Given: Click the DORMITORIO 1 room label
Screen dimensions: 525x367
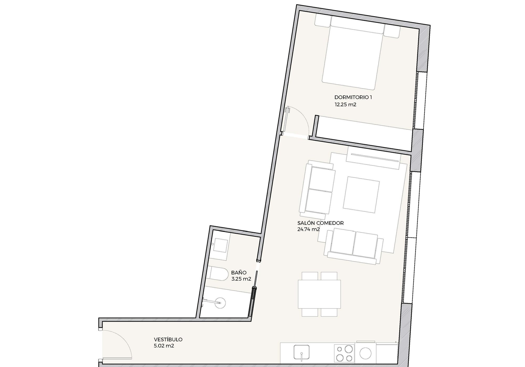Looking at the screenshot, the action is [353, 97].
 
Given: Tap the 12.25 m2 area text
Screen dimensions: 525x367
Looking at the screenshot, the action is [345, 105].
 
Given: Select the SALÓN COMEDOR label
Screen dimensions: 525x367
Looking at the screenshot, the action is [321, 223].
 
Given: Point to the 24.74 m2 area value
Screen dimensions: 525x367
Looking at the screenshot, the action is [308, 229].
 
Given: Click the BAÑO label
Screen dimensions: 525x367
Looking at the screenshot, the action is [239, 273].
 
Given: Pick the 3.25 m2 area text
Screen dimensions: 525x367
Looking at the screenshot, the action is [241, 279].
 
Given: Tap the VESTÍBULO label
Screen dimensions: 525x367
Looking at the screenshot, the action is [168, 339].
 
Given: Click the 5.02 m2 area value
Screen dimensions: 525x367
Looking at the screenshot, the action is [164, 346].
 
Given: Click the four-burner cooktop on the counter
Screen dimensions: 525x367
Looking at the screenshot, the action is [345, 353].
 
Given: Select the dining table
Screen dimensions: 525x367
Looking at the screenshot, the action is [319, 294].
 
